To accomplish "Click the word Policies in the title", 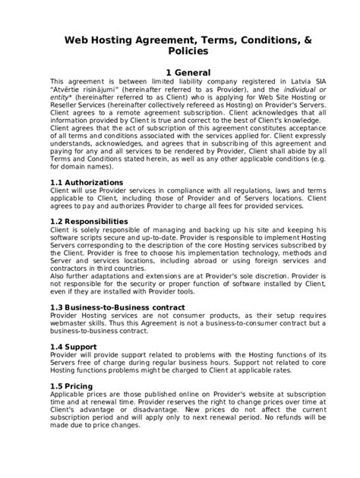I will click(179, 52).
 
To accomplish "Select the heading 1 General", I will click(180, 72).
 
